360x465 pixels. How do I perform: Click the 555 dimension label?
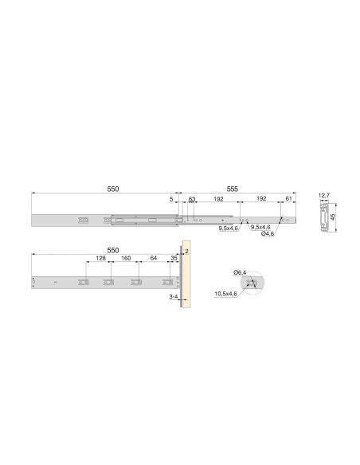[231, 189]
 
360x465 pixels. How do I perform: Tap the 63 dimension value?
[192, 201]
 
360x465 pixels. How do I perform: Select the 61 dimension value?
[287, 201]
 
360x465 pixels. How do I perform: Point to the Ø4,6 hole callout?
[268, 235]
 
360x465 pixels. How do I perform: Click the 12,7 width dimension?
[323, 194]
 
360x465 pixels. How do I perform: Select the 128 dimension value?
[101, 259]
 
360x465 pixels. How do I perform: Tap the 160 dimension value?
[126, 259]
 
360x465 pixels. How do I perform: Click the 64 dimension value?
[154, 259]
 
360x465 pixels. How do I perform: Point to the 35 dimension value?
[174, 259]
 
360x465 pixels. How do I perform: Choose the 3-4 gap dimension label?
[173, 296]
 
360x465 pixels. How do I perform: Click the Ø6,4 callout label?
[239, 273]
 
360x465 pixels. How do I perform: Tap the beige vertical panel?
[186, 275]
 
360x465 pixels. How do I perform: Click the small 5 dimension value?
[171, 201]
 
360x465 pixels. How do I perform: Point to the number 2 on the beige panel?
[186, 251]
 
